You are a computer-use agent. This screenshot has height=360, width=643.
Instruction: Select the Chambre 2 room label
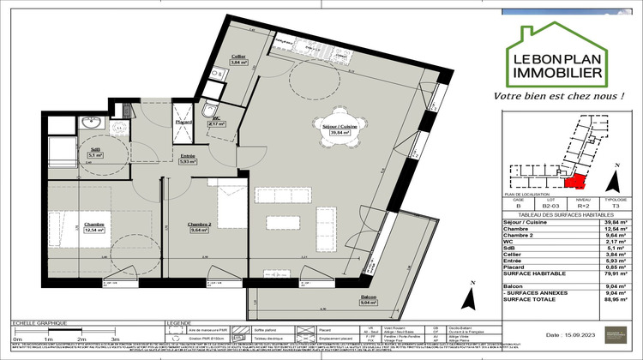pos(200,227)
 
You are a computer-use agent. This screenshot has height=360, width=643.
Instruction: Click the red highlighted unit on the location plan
pos(575,180)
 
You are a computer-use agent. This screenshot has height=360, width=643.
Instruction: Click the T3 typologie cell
pos(615,207)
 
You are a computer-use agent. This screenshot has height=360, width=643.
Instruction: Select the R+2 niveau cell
pos(580,207)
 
